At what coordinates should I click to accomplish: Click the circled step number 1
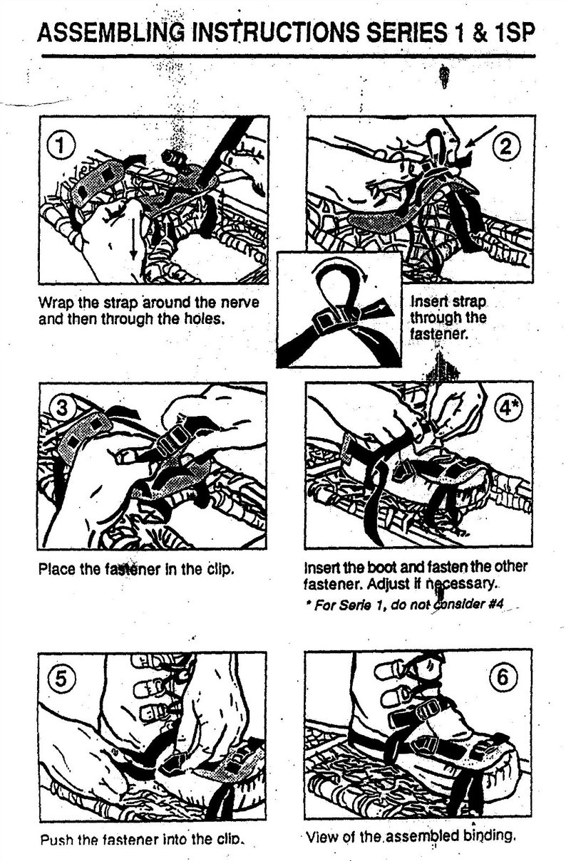(x=61, y=147)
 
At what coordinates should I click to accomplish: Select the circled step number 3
(x=63, y=408)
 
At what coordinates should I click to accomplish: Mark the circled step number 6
(x=503, y=677)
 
